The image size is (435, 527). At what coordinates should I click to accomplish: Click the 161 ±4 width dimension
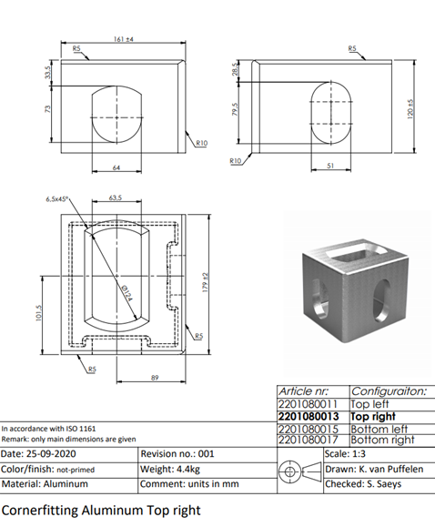(124, 39)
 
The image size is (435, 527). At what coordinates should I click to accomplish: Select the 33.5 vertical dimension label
(47, 72)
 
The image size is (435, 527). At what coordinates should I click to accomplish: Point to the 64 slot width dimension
(116, 167)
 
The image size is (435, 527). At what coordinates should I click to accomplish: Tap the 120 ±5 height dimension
(410, 108)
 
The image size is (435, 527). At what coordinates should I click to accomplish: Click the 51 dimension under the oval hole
(330, 166)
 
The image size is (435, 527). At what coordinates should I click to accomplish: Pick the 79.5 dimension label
(236, 109)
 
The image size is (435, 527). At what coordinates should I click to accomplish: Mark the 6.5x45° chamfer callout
(57, 199)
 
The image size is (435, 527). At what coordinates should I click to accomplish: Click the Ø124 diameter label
(126, 293)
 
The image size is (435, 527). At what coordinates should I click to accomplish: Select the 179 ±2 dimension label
(206, 282)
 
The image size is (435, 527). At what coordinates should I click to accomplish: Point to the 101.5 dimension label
(38, 313)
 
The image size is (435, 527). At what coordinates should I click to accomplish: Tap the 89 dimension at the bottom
(155, 378)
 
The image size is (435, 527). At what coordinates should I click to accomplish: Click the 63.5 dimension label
(116, 198)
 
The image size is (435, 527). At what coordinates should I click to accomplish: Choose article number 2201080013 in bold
(309, 417)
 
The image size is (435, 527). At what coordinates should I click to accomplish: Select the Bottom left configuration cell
(379, 430)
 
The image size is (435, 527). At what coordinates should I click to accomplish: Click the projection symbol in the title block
(300, 471)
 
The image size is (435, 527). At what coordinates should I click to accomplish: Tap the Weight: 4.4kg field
(170, 469)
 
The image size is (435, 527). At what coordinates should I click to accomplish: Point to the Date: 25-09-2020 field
(38, 454)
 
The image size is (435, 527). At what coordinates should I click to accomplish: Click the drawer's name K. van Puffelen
(391, 469)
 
